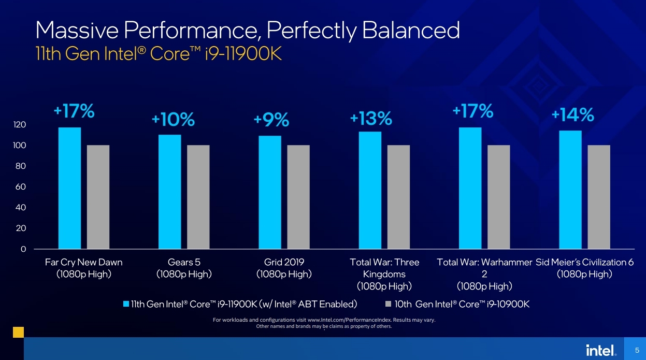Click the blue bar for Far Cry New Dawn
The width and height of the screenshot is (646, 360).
pos(69,188)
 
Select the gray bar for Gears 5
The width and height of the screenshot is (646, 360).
pos(198,197)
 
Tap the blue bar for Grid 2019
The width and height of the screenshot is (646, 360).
pos(269,192)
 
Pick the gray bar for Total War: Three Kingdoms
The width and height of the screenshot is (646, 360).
pos(398,197)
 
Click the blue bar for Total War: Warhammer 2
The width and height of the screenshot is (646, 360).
pos(470,188)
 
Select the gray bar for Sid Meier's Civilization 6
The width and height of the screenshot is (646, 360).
pos(599,197)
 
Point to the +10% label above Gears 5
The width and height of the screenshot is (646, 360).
pos(173,120)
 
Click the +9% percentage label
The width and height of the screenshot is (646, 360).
pos(271,120)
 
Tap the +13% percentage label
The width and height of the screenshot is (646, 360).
pos(371,119)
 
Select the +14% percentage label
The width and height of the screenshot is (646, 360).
pos(572,115)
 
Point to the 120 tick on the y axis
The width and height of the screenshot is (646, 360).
pos(20,125)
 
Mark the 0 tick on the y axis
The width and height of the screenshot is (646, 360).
pos(23,249)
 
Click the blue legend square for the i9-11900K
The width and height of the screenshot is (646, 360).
pos(126,304)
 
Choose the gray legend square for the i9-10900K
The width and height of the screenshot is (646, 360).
pos(389,304)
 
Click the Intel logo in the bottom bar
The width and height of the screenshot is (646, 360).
pos(601,350)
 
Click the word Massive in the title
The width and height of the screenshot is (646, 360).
pos(74,31)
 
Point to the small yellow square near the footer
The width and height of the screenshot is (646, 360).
pos(18,332)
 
